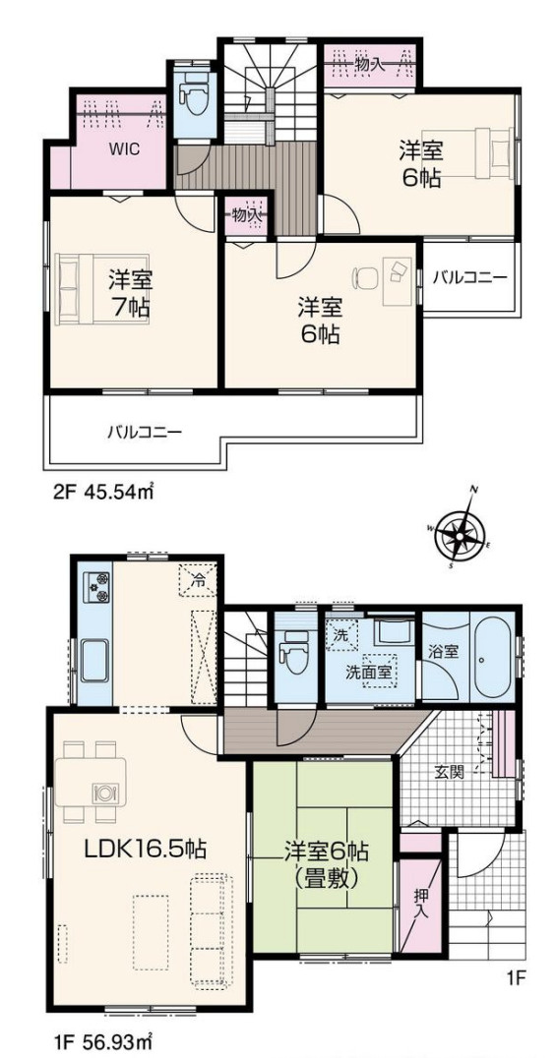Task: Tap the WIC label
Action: coord(124,149)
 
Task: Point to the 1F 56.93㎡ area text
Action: coord(104,1038)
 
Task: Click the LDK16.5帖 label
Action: coord(146,849)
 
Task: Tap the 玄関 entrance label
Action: coord(450,773)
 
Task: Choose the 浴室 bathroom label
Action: coord(444,652)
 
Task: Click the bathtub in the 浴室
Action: coord(494,657)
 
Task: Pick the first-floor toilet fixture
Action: coord(294,652)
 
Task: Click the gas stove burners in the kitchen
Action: coord(95,587)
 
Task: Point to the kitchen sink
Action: coord(94,660)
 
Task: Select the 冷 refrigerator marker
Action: coord(199,579)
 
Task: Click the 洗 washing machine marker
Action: coord(340,635)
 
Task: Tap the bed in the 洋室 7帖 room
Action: coord(102,289)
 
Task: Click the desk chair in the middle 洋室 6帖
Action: coord(366,276)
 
